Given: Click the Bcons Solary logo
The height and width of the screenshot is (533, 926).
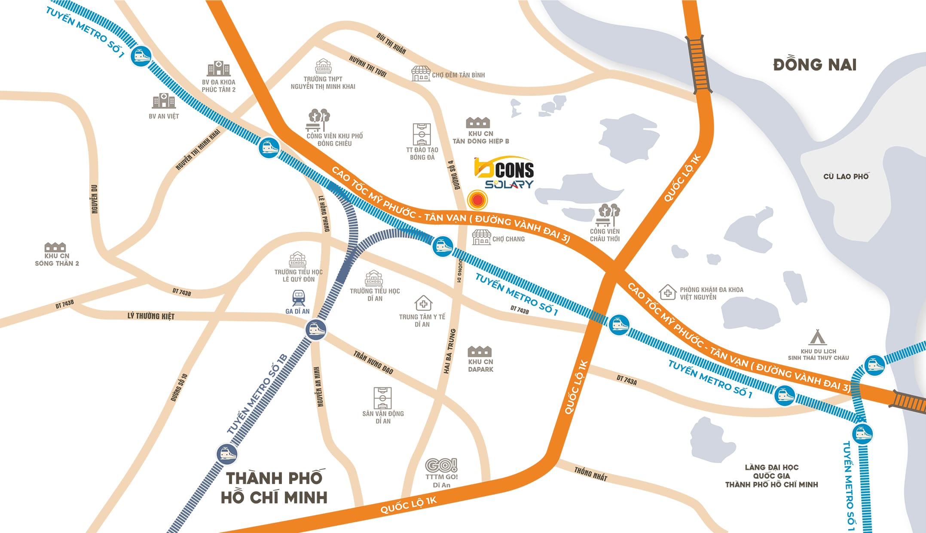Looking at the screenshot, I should tap(504, 173).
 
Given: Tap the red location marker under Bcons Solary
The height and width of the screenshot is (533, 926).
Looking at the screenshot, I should tap(477, 200).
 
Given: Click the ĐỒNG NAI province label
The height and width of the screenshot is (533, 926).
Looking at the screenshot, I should tap(815, 65).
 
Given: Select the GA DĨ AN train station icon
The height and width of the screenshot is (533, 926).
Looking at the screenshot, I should tap(298, 298).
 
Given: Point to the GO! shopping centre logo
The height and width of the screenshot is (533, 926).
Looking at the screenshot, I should tap(441, 465).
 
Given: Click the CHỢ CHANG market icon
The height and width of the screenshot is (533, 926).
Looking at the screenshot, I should tap(481, 238).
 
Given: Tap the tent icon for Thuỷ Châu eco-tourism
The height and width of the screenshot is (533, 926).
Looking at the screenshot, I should tap(817, 338).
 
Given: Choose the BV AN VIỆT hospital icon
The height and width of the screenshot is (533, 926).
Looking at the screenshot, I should tap(164, 101).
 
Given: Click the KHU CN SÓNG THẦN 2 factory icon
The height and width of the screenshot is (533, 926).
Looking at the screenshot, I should tap(55, 247).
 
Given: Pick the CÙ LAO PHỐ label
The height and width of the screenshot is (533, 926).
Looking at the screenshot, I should tap(846, 177).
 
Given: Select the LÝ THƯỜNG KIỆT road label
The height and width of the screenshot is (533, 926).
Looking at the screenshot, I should tap(151, 316).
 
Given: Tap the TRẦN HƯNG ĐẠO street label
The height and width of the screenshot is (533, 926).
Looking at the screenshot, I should tap(373, 362).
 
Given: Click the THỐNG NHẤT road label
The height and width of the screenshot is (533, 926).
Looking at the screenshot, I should tap(590, 474).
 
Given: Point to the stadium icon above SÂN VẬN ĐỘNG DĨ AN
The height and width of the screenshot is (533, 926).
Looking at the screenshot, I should tap(382, 398).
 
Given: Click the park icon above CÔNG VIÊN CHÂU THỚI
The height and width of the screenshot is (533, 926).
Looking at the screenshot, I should tap(608, 215).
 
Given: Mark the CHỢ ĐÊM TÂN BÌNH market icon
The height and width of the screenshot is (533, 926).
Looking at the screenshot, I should tap(421, 74).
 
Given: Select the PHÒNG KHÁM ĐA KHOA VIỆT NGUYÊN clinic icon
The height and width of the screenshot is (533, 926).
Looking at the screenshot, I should tap(667, 292).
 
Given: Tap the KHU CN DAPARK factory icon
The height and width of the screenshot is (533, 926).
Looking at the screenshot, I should tap(480, 351).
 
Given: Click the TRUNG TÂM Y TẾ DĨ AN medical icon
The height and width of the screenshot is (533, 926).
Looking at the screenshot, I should tap(423, 303).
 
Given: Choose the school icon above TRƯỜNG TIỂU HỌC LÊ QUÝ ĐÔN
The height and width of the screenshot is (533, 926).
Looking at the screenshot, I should tap(298, 260).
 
